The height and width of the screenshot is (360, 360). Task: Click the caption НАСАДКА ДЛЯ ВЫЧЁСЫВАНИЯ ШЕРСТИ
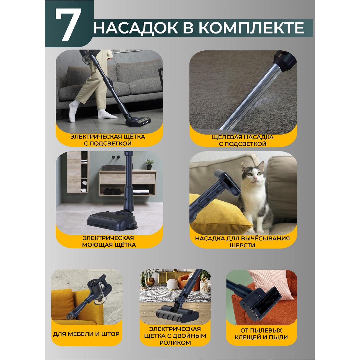242,242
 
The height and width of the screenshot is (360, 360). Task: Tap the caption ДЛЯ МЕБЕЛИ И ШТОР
86,334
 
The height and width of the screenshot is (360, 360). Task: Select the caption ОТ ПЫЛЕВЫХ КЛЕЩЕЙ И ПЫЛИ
261,334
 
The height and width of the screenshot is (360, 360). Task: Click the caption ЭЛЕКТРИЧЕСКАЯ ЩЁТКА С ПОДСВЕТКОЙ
108,140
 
